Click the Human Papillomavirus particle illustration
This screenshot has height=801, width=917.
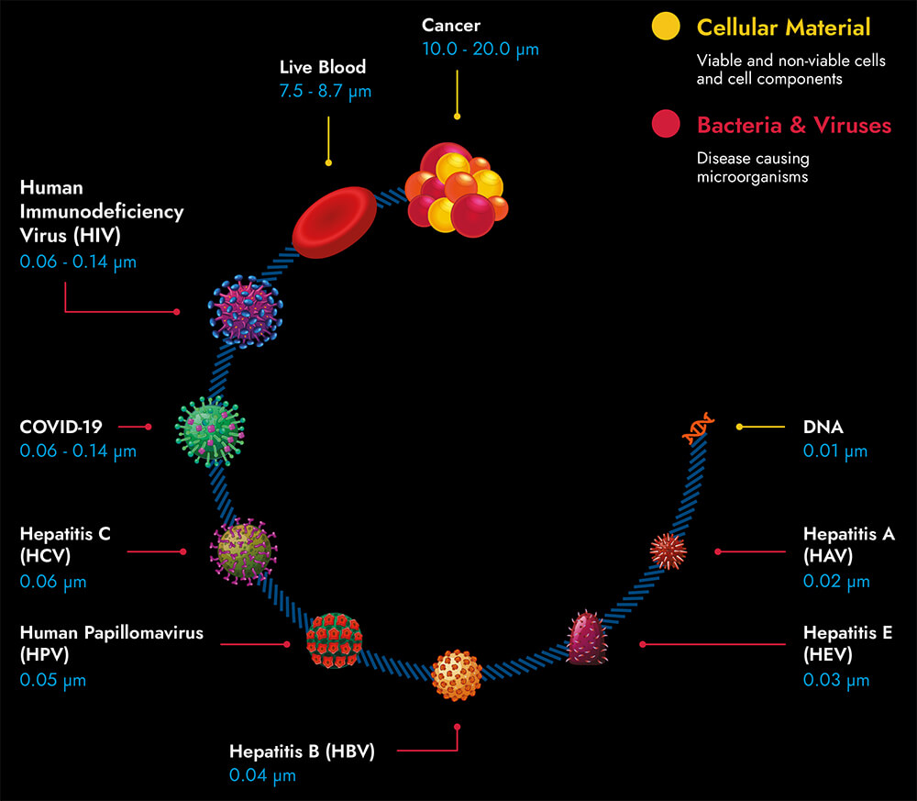coord(334,640)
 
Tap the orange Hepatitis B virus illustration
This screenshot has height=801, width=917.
coord(457,674)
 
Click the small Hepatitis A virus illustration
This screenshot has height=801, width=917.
coord(668,550)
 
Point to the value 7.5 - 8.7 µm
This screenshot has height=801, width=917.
coord(326,91)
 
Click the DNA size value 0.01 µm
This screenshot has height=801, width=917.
coord(835,451)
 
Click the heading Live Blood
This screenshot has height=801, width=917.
coord(323,68)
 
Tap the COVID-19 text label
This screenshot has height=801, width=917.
coord(62,427)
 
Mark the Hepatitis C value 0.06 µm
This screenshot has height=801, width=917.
coord(52,582)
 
